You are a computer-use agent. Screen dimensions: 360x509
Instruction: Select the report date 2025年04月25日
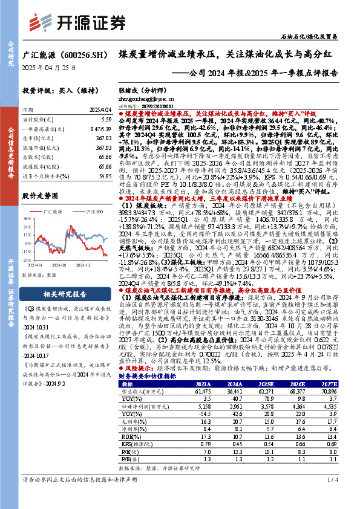pos(49,68)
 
